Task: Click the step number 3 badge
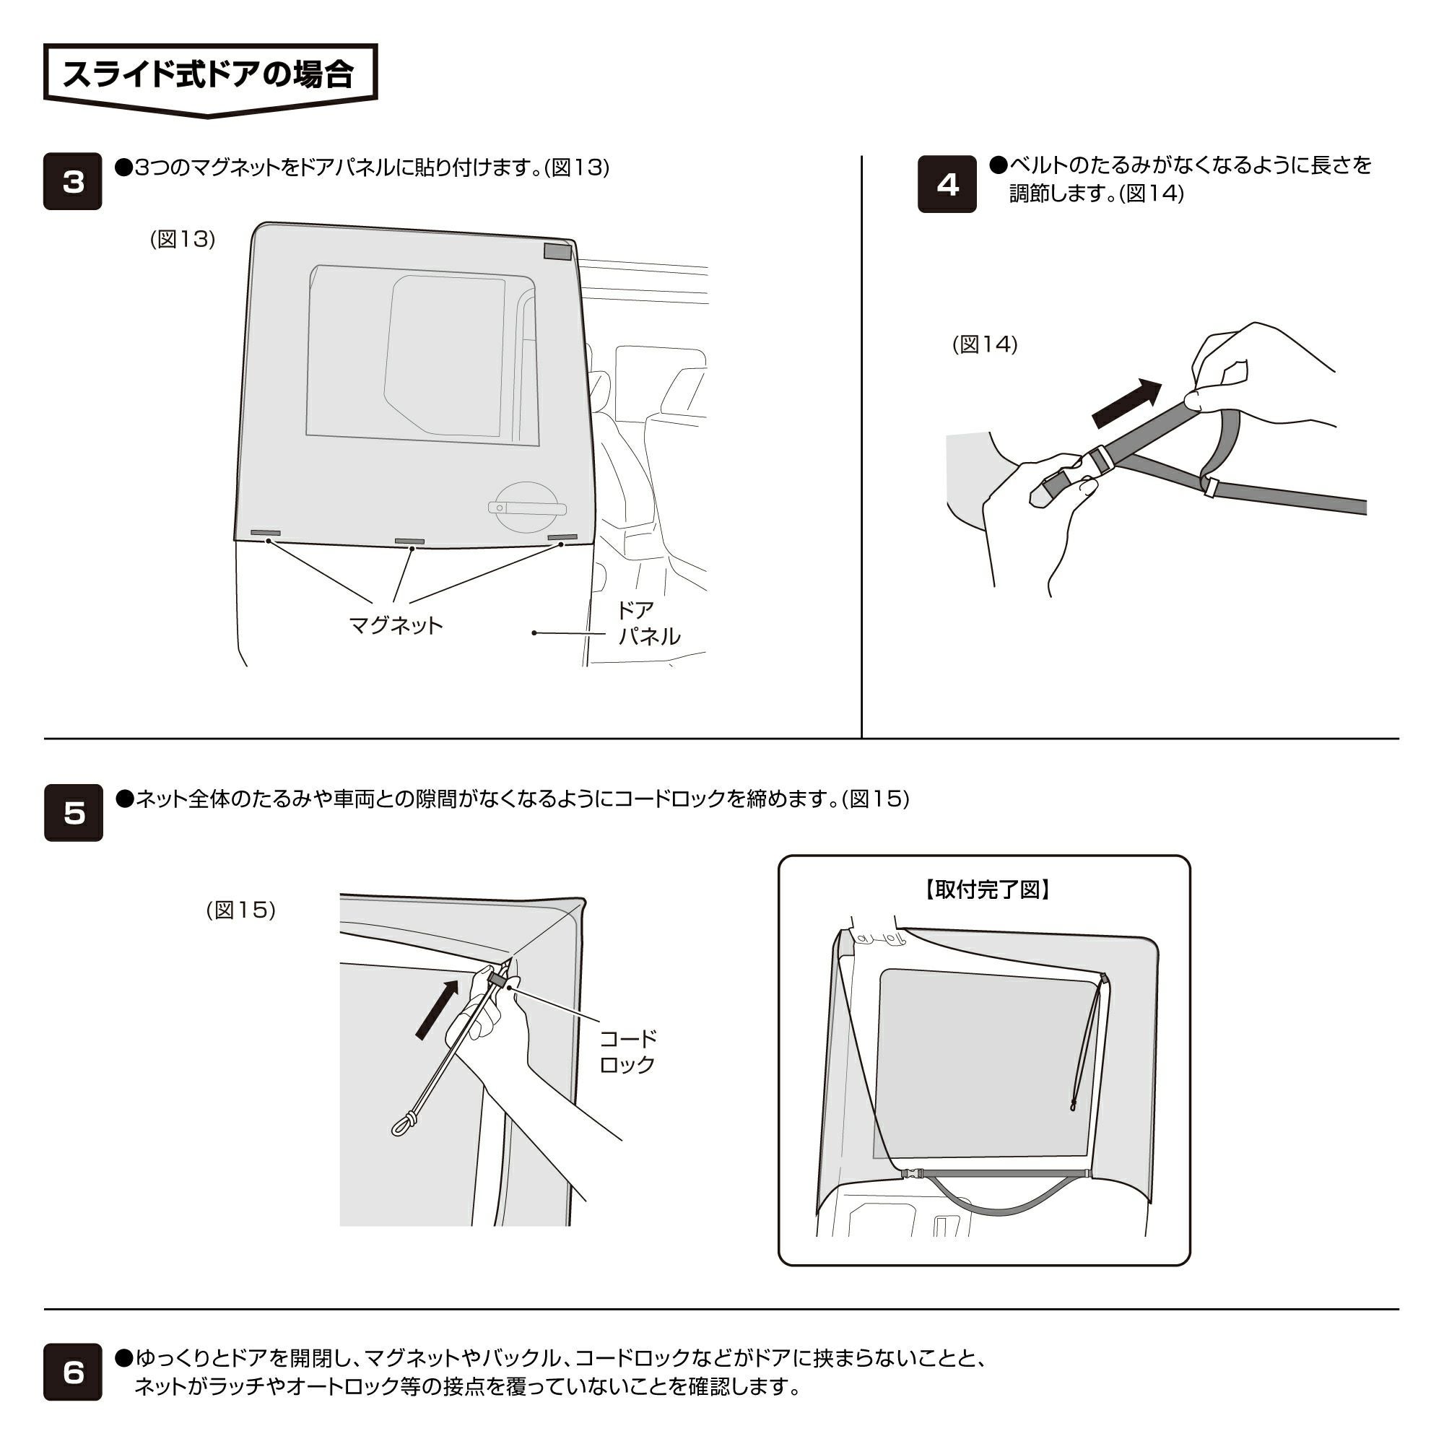(x=72, y=182)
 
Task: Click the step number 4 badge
(x=947, y=184)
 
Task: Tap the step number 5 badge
(x=73, y=812)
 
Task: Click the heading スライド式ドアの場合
(x=209, y=75)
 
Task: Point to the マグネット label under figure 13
(x=396, y=625)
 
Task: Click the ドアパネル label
(x=647, y=623)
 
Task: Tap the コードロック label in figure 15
(x=627, y=1051)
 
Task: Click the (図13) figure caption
(x=183, y=239)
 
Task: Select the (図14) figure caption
(x=984, y=344)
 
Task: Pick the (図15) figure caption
(x=240, y=910)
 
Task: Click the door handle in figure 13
(x=526, y=507)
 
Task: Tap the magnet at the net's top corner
(x=557, y=252)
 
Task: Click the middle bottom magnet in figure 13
(x=409, y=541)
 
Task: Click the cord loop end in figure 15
(x=401, y=1123)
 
